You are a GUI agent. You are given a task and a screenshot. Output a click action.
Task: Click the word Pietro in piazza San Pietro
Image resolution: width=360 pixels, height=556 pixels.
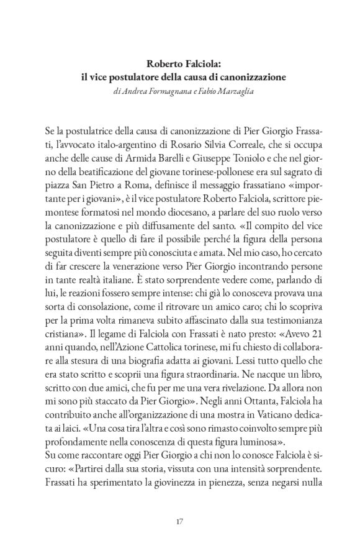point(106,185)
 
